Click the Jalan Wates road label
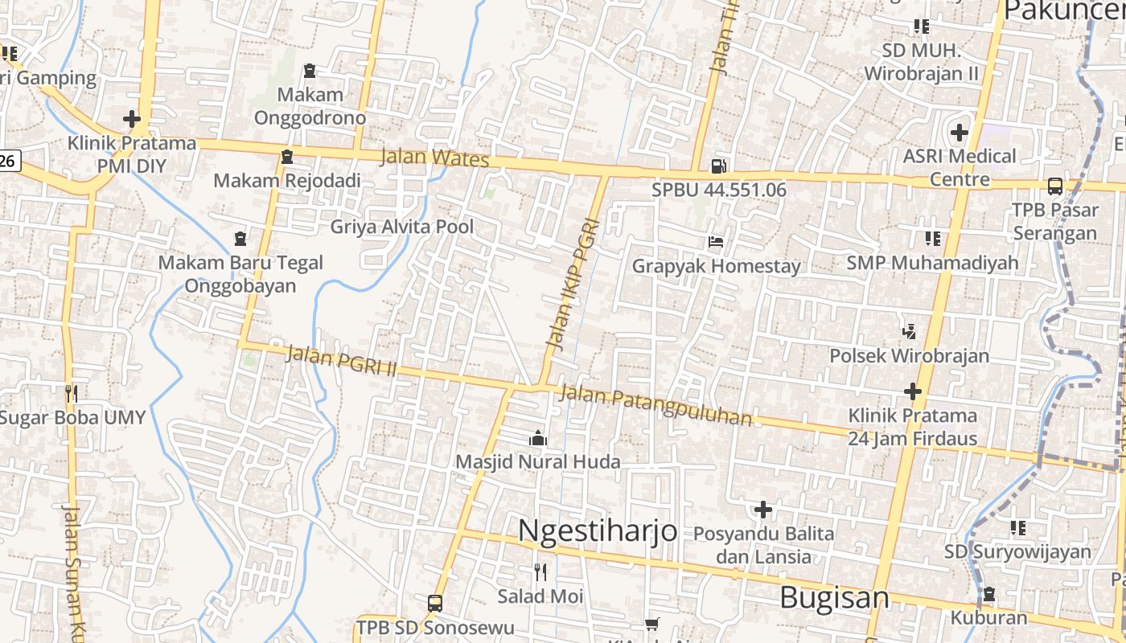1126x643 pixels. point(434,157)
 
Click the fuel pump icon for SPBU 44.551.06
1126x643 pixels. point(718,166)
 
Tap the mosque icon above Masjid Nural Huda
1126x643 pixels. point(538,438)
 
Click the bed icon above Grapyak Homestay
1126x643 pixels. point(716,241)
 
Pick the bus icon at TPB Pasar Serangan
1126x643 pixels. point(1055,186)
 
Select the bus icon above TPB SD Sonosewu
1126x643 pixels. point(434,603)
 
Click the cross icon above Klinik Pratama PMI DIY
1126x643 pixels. point(132,120)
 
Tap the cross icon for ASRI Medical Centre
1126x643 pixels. point(959,132)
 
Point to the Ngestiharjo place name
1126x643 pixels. point(597,531)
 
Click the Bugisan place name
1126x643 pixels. point(835,598)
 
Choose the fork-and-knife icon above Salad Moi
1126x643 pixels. point(540,572)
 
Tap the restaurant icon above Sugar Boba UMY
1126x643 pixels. point(72,393)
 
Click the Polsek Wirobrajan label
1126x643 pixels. point(909,355)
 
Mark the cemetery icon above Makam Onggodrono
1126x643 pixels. point(310,72)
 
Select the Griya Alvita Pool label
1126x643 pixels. point(402,227)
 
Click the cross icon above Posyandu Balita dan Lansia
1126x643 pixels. point(762,510)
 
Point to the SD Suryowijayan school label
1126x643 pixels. point(1017,551)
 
